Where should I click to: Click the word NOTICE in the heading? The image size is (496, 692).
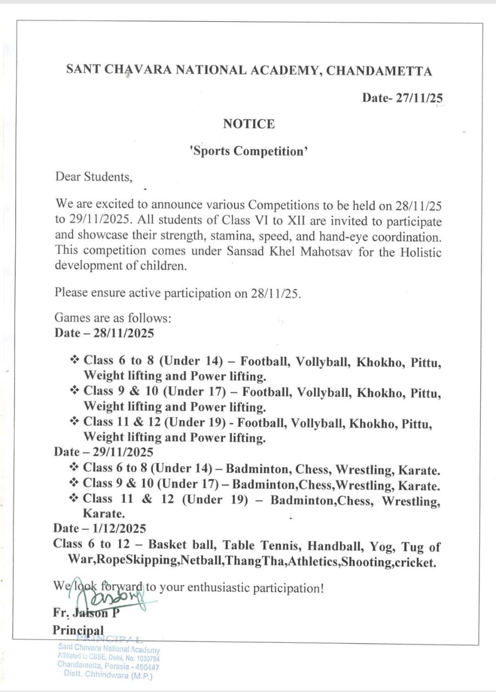pyautogui.click(x=249, y=124)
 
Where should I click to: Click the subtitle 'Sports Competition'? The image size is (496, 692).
pyautogui.click(x=249, y=151)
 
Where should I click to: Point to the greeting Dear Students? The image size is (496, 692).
pyautogui.click(x=93, y=177)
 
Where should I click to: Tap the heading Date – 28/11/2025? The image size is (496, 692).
pyautogui.click(x=104, y=333)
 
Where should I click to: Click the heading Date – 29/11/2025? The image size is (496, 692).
pyautogui.click(x=103, y=451)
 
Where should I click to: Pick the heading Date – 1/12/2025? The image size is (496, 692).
pyautogui.click(x=100, y=528)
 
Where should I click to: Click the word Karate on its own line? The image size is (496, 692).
pyautogui.click(x=104, y=514)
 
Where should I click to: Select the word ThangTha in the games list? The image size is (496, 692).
pyautogui.click(x=255, y=562)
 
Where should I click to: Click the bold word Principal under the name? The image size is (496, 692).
pyautogui.click(x=78, y=630)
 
